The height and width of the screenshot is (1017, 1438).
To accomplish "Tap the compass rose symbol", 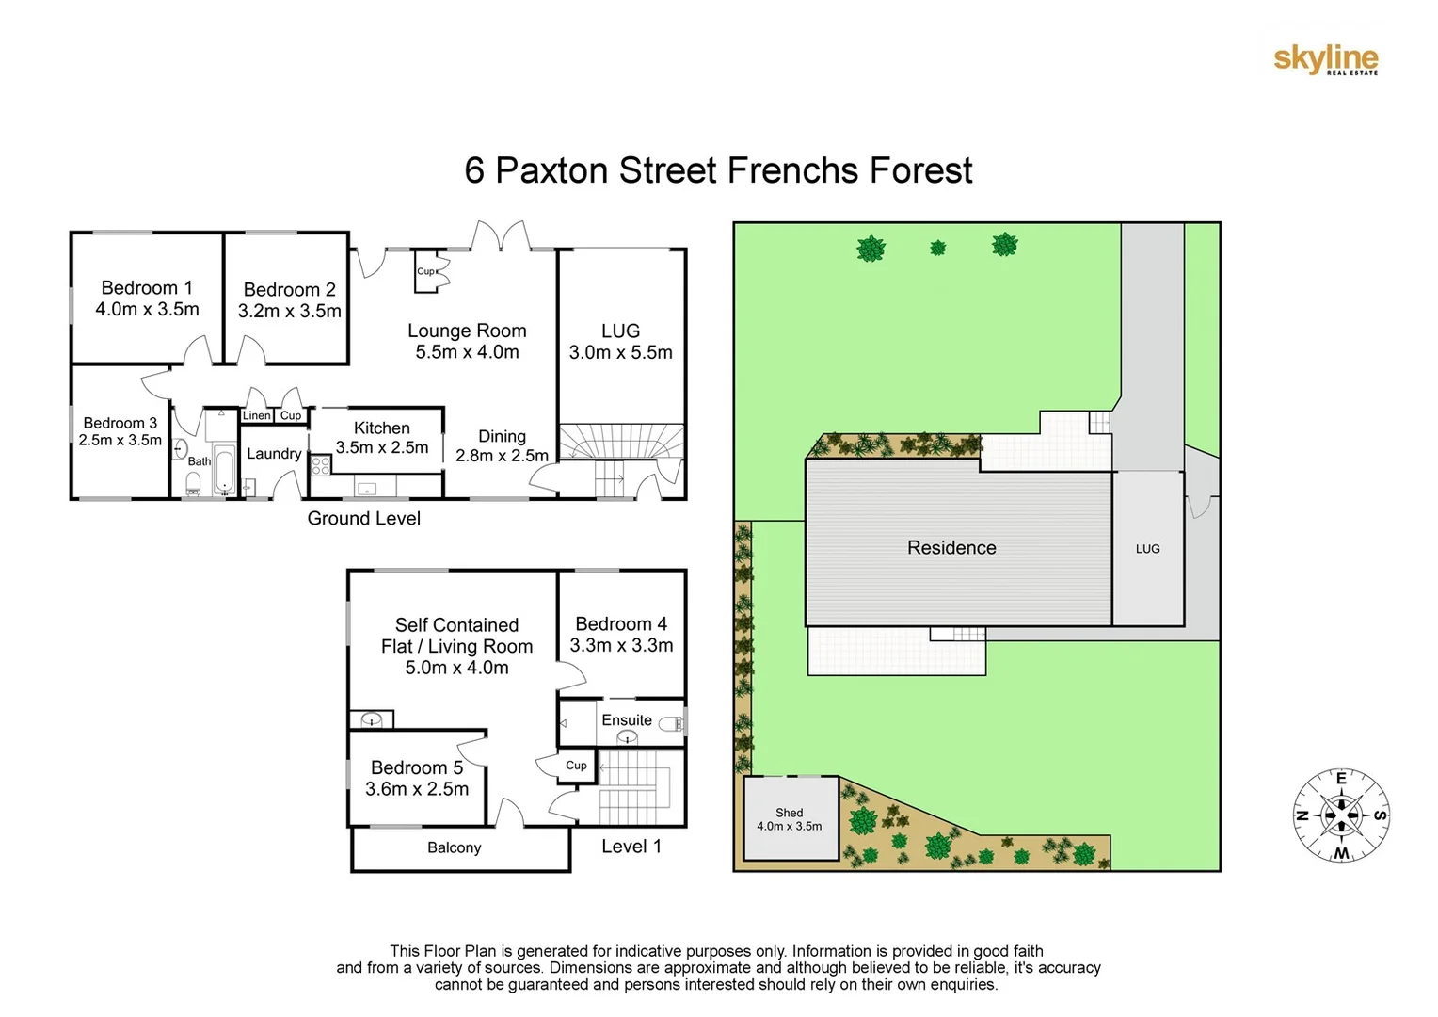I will point(1341,815).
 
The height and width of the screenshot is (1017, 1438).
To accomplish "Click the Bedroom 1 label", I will point(147,288).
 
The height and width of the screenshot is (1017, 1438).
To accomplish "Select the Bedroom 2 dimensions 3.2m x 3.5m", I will point(289,311).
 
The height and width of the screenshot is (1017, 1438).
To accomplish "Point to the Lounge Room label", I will point(467,331).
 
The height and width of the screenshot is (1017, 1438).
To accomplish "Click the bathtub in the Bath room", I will point(224,470).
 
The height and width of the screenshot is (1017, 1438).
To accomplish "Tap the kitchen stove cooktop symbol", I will point(321,464).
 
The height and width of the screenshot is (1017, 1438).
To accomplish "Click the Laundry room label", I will point(274,454).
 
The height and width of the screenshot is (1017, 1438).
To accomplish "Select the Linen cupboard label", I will point(256,415).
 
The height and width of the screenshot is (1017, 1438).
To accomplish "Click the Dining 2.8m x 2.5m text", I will point(502,446).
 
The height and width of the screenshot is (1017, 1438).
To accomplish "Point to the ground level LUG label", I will point(620,331).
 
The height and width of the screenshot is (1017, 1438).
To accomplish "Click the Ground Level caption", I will point(363,519).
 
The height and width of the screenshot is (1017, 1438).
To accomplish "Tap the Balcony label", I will point(454,847).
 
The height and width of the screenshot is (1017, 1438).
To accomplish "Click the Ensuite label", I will point(627,720).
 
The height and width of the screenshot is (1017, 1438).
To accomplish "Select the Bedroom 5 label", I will point(417,768).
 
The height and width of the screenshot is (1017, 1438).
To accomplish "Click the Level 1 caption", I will point(631,847).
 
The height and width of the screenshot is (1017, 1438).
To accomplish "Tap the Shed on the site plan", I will point(790,818).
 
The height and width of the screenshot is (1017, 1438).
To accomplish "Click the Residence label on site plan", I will point(951,548).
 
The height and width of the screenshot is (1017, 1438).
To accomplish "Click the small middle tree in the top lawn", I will point(937,249).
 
